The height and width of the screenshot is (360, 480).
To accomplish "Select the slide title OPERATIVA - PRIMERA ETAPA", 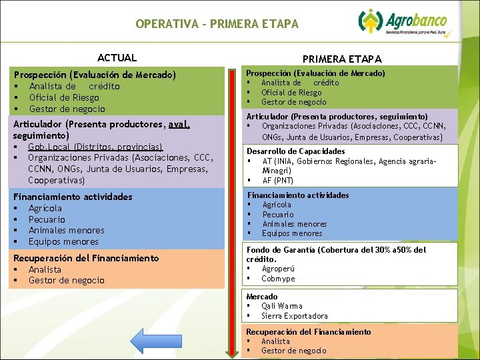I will [x=217, y=24].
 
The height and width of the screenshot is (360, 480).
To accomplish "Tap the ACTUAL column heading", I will [x=117, y=58].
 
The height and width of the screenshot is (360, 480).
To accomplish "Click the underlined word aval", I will [x=179, y=124].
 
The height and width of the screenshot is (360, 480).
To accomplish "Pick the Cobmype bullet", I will [x=278, y=279].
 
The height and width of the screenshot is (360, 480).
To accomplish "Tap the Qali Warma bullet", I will [x=282, y=306].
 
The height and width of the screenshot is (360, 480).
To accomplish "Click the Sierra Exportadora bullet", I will [x=294, y=316].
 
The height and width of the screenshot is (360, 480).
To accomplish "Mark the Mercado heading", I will [x=262, y=296].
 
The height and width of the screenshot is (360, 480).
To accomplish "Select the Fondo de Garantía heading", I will [x=336, y=250].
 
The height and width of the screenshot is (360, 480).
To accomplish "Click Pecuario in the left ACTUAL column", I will [x=47, y=219].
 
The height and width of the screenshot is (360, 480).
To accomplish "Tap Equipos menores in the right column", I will [x=291, y=233].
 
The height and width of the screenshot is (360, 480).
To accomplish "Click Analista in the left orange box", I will [x=45, y=269].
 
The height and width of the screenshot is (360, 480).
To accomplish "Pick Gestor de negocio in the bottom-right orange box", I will [x=293, y=351].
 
